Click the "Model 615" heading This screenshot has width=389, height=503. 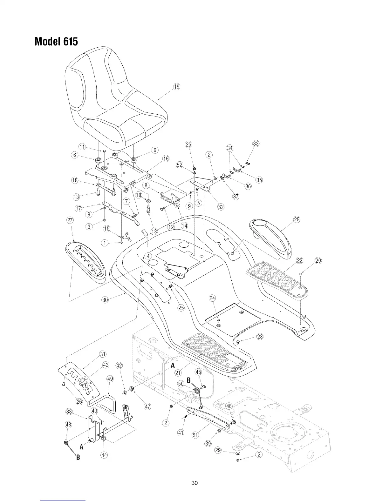(x=56, y=41)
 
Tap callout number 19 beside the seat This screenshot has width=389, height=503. (x=176, y=86)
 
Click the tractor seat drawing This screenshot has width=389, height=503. (x=114, y=98)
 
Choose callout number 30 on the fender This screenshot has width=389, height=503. (x=105, y=299)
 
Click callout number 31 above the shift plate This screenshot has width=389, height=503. (x=103, y=354)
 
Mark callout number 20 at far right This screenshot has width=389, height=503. (x=318, y=261)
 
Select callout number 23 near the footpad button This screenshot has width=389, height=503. (x=260, y=337)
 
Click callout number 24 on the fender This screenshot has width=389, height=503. (x=212, y=298)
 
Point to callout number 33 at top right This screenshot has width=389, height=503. (x=256, y=144)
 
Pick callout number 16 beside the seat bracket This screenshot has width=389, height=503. (x=166, y=159)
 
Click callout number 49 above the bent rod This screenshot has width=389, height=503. (x=110, y=379)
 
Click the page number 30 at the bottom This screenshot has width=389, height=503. (x=194, y=483)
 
